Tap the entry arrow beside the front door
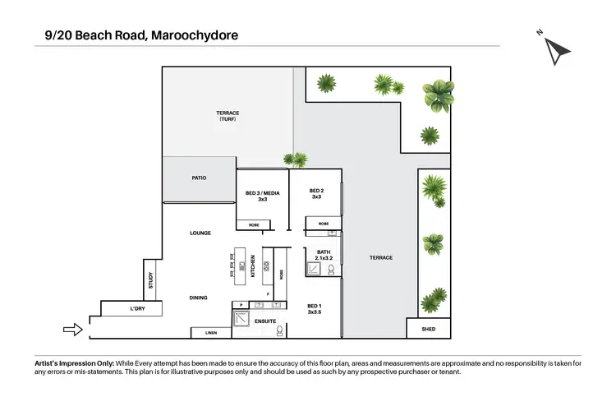pyautogui.click(x=73, y=330)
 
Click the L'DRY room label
pyautogui.click(x=137, y=309)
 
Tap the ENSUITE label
pyautogui.click(x=265, y=320)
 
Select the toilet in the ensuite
pyautogui.click(x=280, y=330)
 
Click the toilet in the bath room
pyautogui.click(x=330, y=269)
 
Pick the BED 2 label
pyautogui.click(x=316, y=193)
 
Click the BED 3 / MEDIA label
pyautogui.click(x=263, y=196)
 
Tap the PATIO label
pyautogui.click(x=199, y=177)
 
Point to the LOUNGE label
pyautogui.click(x=200, y=233)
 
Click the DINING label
pyautogui.click(x=197, y=298)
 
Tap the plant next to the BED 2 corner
pyautogui.click(x=297, y=159)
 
